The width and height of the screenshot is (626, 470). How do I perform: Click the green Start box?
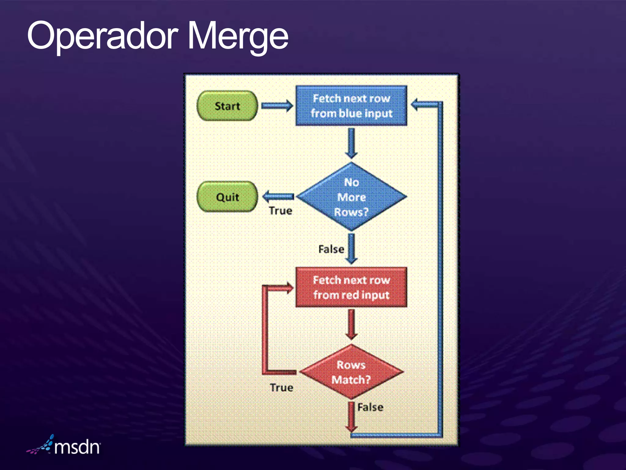[227, 106]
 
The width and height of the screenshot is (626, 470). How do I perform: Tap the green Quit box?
[227, 197]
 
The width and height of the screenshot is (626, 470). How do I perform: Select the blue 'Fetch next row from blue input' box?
[351, 106]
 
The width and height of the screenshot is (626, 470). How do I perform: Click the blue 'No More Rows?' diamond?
[351, 197]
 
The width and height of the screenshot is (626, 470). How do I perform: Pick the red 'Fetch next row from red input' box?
[351, 287]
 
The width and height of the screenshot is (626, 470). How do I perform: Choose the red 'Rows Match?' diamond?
[351, 372]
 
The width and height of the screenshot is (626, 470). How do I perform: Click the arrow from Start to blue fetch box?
[277, 106]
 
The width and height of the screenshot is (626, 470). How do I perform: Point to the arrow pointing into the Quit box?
[278, 196]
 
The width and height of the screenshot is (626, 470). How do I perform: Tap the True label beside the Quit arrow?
[280, 211]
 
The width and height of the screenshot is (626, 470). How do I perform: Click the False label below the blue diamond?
[331, 249]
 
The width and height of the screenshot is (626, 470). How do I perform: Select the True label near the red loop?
[282, 388]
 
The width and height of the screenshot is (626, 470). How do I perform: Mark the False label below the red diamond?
[370, 407]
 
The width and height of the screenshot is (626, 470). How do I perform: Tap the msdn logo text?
[77, 447]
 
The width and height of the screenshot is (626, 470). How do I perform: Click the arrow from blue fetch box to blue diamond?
[352, 143]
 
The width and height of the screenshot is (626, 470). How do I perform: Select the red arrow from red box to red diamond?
[352, 324]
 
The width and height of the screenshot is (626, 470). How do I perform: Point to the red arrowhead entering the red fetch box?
[288, 288]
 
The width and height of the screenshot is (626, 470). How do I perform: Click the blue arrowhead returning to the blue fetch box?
[416, 104]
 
